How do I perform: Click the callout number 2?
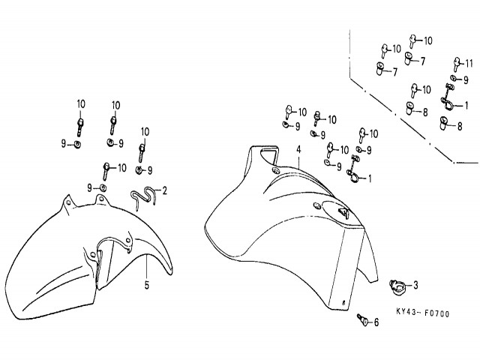tap(165, 190)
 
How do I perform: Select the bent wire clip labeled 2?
tap(142, 197)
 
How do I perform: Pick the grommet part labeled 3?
tap(397, 285)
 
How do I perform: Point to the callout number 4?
tap(298, 150)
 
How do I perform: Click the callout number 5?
tap(147, 284)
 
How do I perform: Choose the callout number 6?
tap(376, 323)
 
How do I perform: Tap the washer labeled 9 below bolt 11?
tap(454, 78)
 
